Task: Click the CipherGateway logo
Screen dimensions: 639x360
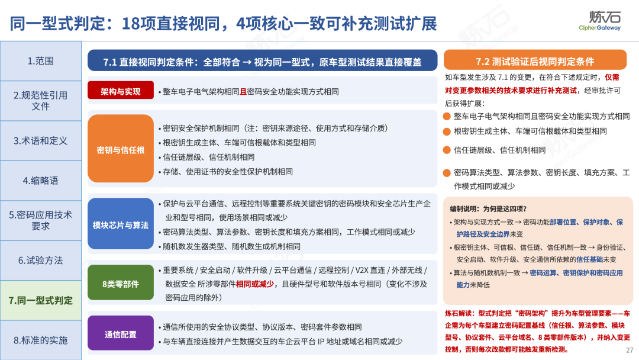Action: click(x=600, y=20)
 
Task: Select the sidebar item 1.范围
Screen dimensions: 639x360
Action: click(x=41, y=61)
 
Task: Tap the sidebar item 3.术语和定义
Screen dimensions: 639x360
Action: click(x=41, y=141)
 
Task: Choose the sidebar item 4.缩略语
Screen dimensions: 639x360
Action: click(x=41, y=181)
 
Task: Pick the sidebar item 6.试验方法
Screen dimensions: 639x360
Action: click(x=41, y=261)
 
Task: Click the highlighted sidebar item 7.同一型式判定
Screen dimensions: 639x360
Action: click(x=41, y=300)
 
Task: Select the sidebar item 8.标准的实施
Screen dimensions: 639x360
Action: click(x=41, y=340)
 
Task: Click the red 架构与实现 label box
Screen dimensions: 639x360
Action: click(x=121, y=91)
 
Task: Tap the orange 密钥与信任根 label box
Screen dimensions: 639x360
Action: click(x=121, y=150)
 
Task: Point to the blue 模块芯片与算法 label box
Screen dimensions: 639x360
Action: click(x=121, y=224)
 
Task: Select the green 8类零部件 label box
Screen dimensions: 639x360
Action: click(x=121, y=284)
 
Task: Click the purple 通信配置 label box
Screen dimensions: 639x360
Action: click(x=121, y=334)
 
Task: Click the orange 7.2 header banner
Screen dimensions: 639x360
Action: click(x=535, y=61)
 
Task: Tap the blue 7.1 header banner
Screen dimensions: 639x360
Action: click(x=263, y=61)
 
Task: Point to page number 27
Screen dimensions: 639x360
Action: click(x=630, y=350)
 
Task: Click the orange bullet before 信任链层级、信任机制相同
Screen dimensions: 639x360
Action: click(x=447, y=150)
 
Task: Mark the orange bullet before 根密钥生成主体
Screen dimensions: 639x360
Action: click(x=447, y=131)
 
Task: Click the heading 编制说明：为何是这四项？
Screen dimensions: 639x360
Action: click(x=488, y=209)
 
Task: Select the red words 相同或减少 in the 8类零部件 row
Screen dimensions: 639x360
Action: click(x=254, y=284)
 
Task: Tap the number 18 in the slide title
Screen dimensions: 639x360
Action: click(x=131, y=23)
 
